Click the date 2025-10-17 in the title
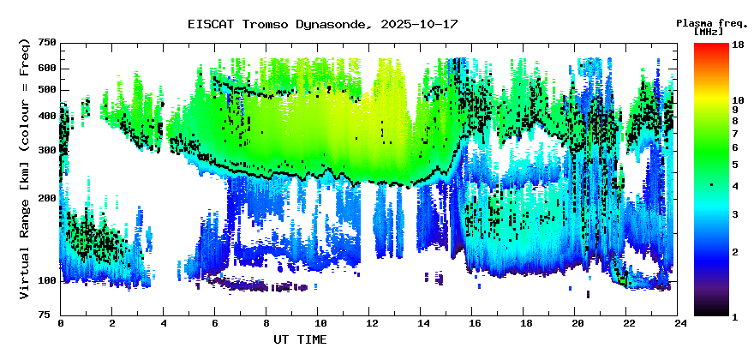(416, 24)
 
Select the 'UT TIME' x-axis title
(300, 340)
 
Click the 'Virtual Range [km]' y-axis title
(25, 168)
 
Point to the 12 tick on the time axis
(371, 323)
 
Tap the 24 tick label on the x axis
(679, 323)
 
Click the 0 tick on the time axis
(61, 323)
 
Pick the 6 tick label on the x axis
(215, 323)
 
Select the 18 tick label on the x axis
(525, 323)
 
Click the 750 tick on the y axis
(47, 43)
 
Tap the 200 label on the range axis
(47, 199)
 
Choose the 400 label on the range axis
(47, 117)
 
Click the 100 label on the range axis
(47, 281)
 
